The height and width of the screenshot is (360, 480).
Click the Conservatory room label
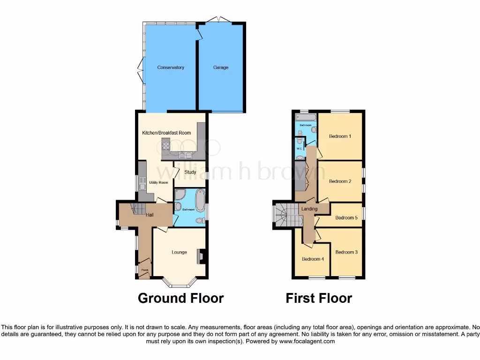tap(171, 67)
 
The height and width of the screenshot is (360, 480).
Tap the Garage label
tap(221, 67)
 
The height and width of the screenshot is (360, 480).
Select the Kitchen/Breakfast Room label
tap(166, 133)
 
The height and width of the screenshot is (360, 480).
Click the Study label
tap(190, 172)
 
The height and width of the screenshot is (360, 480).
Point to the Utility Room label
tap(158, 182)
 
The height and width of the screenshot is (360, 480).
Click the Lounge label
tap(179, 252)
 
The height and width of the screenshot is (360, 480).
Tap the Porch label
tap(145, 270)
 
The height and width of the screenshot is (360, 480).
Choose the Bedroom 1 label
tap(340, 136)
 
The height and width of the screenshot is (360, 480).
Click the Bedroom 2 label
tap(340, 181)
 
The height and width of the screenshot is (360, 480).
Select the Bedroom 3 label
tap(346, 252)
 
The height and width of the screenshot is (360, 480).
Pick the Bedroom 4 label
tap(313, 259)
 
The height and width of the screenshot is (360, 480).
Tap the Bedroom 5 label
tap(346, 217)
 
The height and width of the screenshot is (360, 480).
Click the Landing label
tap(309, 209)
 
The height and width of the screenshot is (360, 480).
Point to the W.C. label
tap(299, 149)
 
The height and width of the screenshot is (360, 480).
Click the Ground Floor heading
tap(180, 298)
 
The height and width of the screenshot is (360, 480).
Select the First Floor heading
tap(319, 298)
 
